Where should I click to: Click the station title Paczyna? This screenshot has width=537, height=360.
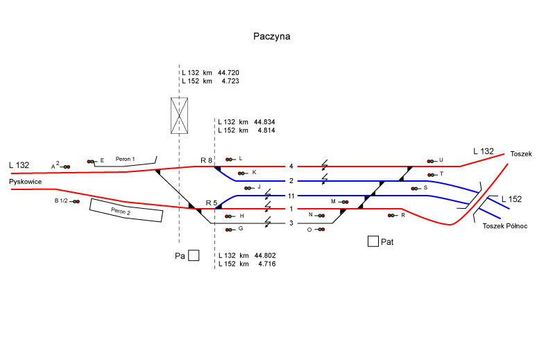(x=271, y=36)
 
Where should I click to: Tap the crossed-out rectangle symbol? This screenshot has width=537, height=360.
(x=180, y=116)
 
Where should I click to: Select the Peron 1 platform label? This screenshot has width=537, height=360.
(x=126, y=158)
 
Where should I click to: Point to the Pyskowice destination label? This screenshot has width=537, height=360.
(x=27, y=182)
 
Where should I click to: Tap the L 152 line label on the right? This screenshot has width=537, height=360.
(x=511, y=200)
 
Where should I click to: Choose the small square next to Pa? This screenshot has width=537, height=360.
(x=194, y=255)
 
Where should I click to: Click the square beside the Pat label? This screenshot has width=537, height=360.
(x=373, y=241)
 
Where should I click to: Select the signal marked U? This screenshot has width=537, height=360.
(x=432, y=160)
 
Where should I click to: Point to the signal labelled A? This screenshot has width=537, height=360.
(x=65, y=166)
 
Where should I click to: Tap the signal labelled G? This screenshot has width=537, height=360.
(x=231, y=229)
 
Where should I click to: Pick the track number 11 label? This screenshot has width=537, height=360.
(x=292, y=196)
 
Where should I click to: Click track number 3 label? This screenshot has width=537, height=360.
(x=292, y=223)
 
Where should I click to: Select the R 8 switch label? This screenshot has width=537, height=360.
(x=206, y=161)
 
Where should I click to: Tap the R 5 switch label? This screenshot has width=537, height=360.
(x=212, y=203)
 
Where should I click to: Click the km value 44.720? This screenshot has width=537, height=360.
(x=228, y=72)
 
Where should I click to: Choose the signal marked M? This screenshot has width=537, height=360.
(x=343, y=202)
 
